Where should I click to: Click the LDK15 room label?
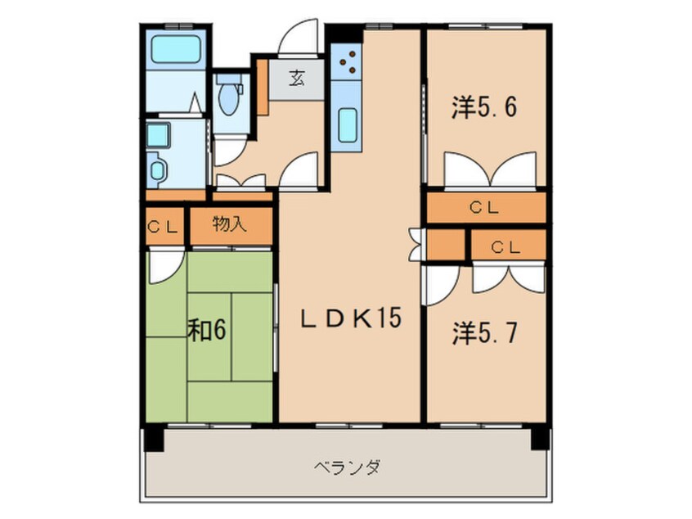(x=351, y=318)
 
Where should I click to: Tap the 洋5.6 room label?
(x=484, y=107)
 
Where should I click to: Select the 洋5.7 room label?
(x=484, y=333)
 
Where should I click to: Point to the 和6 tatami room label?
(x=207, y=330)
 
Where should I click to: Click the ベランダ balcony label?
(x=347, y=467)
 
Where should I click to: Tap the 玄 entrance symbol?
(x=297, y=79)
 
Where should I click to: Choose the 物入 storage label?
(x=229, y=224)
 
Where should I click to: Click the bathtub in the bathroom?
(x=176, y=49)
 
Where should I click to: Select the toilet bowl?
(x=228, y=97)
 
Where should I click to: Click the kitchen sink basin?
(x=347, y=125)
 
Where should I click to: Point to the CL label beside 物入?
(x=163, y=228)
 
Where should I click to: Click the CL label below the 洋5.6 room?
(x=484, y=207)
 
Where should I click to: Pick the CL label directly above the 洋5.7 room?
(x=506, y=248)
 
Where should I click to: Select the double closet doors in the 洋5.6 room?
(x=490, y=169)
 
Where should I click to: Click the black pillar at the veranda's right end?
(x=540, y=438)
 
